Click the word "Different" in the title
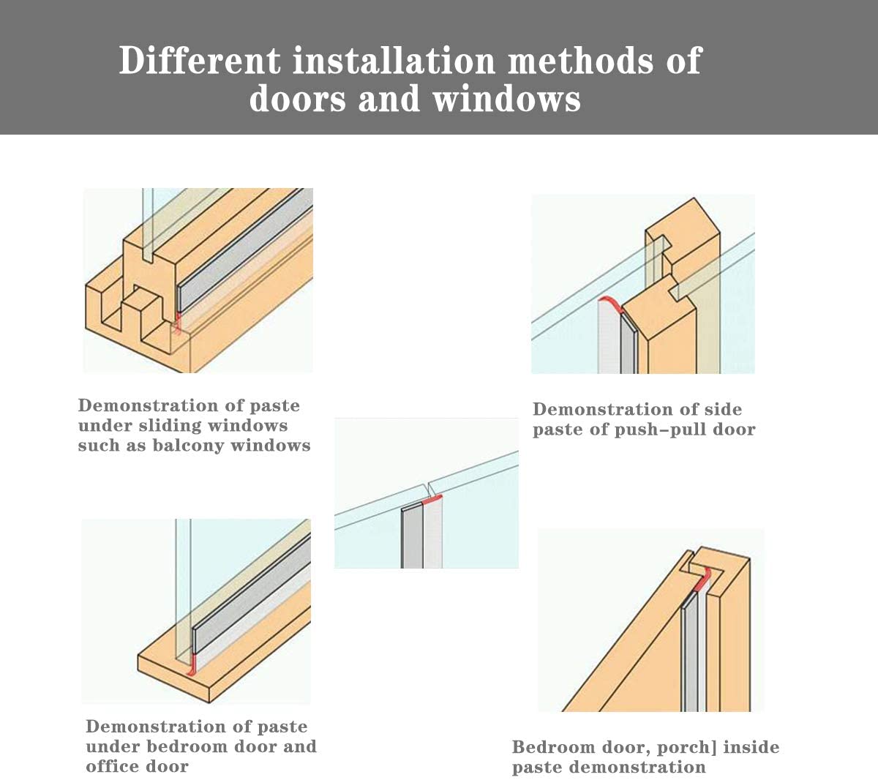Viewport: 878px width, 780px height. point(199,60)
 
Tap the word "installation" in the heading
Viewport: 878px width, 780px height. point(394,60)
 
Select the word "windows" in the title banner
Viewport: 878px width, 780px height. point(506,99)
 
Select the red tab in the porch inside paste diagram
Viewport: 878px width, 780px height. point(704,580)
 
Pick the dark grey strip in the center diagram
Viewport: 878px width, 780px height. point(412,536)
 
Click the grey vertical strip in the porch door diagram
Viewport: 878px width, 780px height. point(689,651)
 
